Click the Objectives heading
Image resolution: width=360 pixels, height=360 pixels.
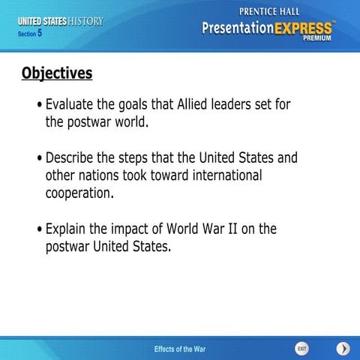click(57, 73)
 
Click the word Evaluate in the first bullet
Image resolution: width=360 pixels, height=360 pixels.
click(72, 104)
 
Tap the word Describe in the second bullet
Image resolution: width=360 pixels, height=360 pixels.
click(73, 158)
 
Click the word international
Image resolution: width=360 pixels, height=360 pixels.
click(218, 175)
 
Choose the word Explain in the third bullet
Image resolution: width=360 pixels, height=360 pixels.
click(67, 229)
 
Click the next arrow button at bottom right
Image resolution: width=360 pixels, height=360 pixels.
click(343, 349)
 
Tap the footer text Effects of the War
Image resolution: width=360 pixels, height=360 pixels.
click(180, 349)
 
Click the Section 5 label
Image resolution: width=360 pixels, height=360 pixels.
click(30, 33)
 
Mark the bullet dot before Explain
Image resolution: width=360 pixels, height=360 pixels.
click(39, 229)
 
